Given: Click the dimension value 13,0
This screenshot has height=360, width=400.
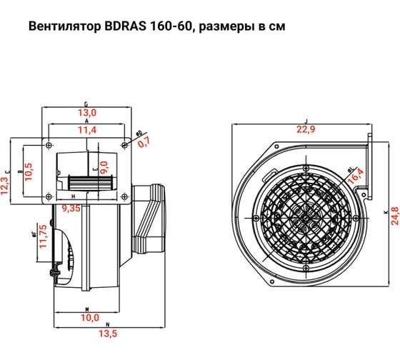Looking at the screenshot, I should [86, 113].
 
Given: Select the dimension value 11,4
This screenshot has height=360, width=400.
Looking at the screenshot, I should [86, 129].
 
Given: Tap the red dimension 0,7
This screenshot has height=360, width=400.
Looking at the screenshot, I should [145, 141].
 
